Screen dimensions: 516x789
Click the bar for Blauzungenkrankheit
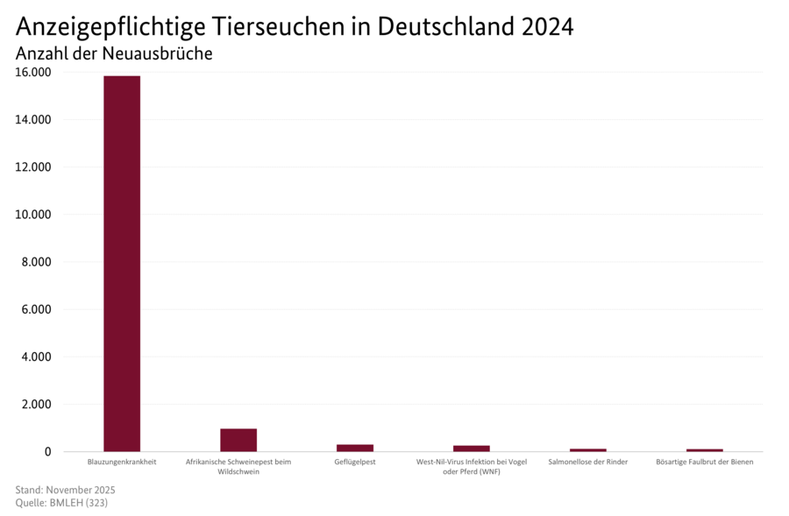point(122,263)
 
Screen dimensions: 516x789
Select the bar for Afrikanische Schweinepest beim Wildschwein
point(238,440)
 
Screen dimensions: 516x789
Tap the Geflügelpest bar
point(355,448)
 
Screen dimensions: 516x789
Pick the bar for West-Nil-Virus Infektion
point(472,449)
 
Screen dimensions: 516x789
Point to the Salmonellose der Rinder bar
point(587,450)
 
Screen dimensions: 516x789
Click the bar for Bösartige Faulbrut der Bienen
point(704,450)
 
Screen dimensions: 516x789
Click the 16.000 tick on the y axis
point(34,73)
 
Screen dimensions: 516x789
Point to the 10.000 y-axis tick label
point(34,215)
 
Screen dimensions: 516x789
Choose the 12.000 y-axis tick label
point(34,167)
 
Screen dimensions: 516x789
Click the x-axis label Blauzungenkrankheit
point(122,462)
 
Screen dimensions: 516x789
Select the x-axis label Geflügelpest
point(355,462)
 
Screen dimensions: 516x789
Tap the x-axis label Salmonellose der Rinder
point(587,462)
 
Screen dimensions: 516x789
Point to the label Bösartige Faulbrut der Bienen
point(704,462)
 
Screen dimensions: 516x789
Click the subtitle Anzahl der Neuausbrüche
point(114,53)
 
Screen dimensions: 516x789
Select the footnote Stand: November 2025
point(66,490)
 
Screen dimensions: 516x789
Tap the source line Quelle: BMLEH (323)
point(61,503)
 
